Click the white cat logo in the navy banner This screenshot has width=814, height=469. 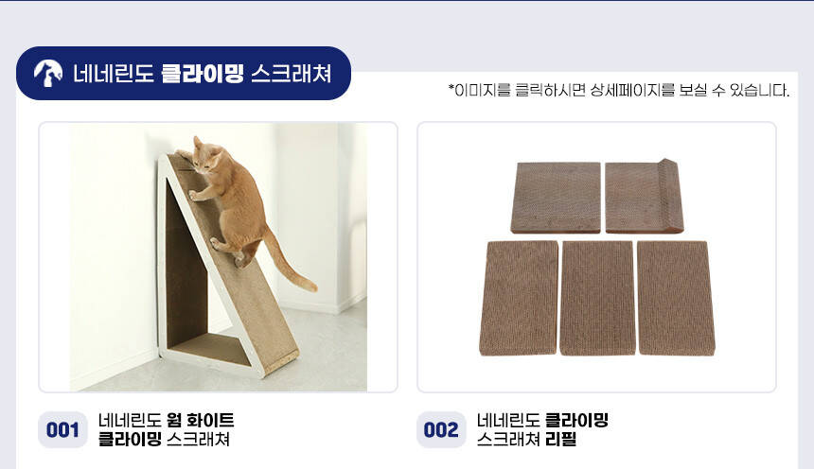point(47,73)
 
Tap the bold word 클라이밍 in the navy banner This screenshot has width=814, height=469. point(202,73)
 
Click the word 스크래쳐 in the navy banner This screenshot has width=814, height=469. point(292,73)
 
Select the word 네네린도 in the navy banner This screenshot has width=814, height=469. point(114,73)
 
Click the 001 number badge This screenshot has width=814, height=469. point(62,429)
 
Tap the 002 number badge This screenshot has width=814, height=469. point(441,429)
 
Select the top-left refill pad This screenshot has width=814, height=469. point(556,198)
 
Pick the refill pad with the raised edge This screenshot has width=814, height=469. point(645,197)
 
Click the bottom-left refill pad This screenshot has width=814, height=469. point(519,298)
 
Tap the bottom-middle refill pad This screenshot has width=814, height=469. point(597,298)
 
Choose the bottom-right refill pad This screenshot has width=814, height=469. point(676,298)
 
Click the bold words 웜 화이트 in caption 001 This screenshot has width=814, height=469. point(201,420)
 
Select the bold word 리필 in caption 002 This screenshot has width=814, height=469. point(560,440)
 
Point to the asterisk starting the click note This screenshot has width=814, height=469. point(451,88)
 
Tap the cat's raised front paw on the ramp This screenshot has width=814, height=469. point(193,196)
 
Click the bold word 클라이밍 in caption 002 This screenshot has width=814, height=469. point(576,420)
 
